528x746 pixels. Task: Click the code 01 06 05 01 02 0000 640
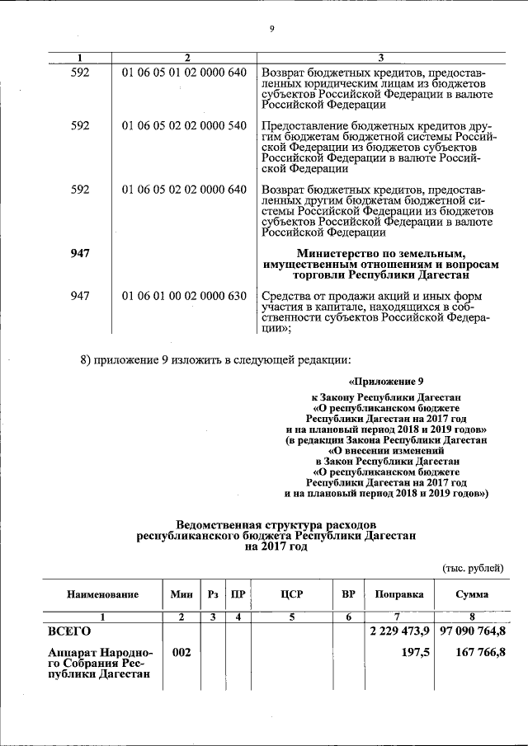pyautogui.click(x=184, y=73)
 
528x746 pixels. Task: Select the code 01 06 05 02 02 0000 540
pyautogui.click(x=184, y=125)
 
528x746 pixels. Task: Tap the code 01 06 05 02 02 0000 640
pyautogui.click(x=184, y=189)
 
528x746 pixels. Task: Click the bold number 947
pyautogui.click(x=80, y=251)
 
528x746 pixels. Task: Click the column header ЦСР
pyautogui.click(x=292, y=594)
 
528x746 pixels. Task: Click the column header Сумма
pyautogui.click(x=471, y=594)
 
